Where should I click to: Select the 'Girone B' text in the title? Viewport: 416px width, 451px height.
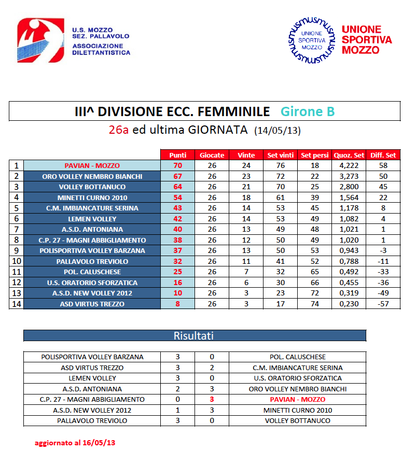[x=308, y=111]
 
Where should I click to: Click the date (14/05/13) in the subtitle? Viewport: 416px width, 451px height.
[x=278, y=130]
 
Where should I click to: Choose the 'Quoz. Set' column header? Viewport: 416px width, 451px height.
[x=349, y=155]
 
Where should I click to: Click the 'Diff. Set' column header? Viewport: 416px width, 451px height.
[x=383, y=155]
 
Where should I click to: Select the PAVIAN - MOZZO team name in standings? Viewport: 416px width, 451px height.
[x=92, y=166]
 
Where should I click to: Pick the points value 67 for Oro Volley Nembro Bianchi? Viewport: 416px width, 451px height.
[x=177, y=176]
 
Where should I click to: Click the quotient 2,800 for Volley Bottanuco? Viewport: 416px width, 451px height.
[x=349, y=187]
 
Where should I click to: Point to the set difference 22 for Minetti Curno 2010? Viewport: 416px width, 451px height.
[x=383, y=198]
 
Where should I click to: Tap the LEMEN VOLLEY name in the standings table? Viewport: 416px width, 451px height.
[x=92, y=219]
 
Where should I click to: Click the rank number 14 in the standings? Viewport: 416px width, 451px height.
[x=16, y=304]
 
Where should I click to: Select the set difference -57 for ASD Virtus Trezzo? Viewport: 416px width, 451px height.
[x=383, y=304]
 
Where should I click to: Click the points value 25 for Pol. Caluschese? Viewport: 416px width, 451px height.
[x=177, y=272]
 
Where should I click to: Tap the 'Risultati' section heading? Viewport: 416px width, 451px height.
[x=194, y=336]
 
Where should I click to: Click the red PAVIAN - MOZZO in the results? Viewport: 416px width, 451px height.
[x=297, y=400]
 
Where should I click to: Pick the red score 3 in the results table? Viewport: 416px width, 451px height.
[x=212, y=400]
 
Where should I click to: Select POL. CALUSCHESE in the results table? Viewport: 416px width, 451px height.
[x=297, y=357]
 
